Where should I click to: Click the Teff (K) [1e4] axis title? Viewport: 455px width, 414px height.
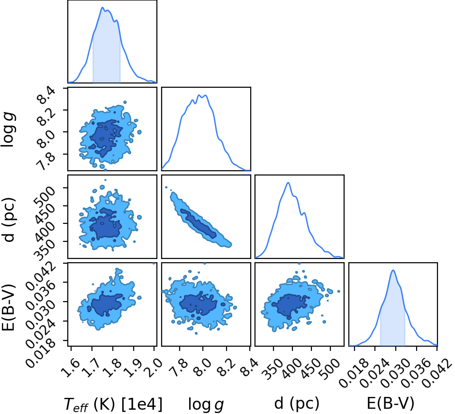tap(113, 404)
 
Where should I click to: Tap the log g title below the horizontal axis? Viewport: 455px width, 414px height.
tap(206, 404)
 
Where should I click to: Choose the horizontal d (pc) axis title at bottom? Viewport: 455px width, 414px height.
tap(297, 404)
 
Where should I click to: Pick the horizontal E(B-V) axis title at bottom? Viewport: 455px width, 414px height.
tap(391, 403)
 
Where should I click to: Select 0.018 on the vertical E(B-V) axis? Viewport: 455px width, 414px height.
tap(41, 352)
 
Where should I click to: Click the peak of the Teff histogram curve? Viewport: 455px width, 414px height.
tap(102, 7)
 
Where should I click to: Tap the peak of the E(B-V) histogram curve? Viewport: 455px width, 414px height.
tap(393, 270)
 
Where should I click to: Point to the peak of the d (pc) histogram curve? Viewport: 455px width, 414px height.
tap(288, 183)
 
